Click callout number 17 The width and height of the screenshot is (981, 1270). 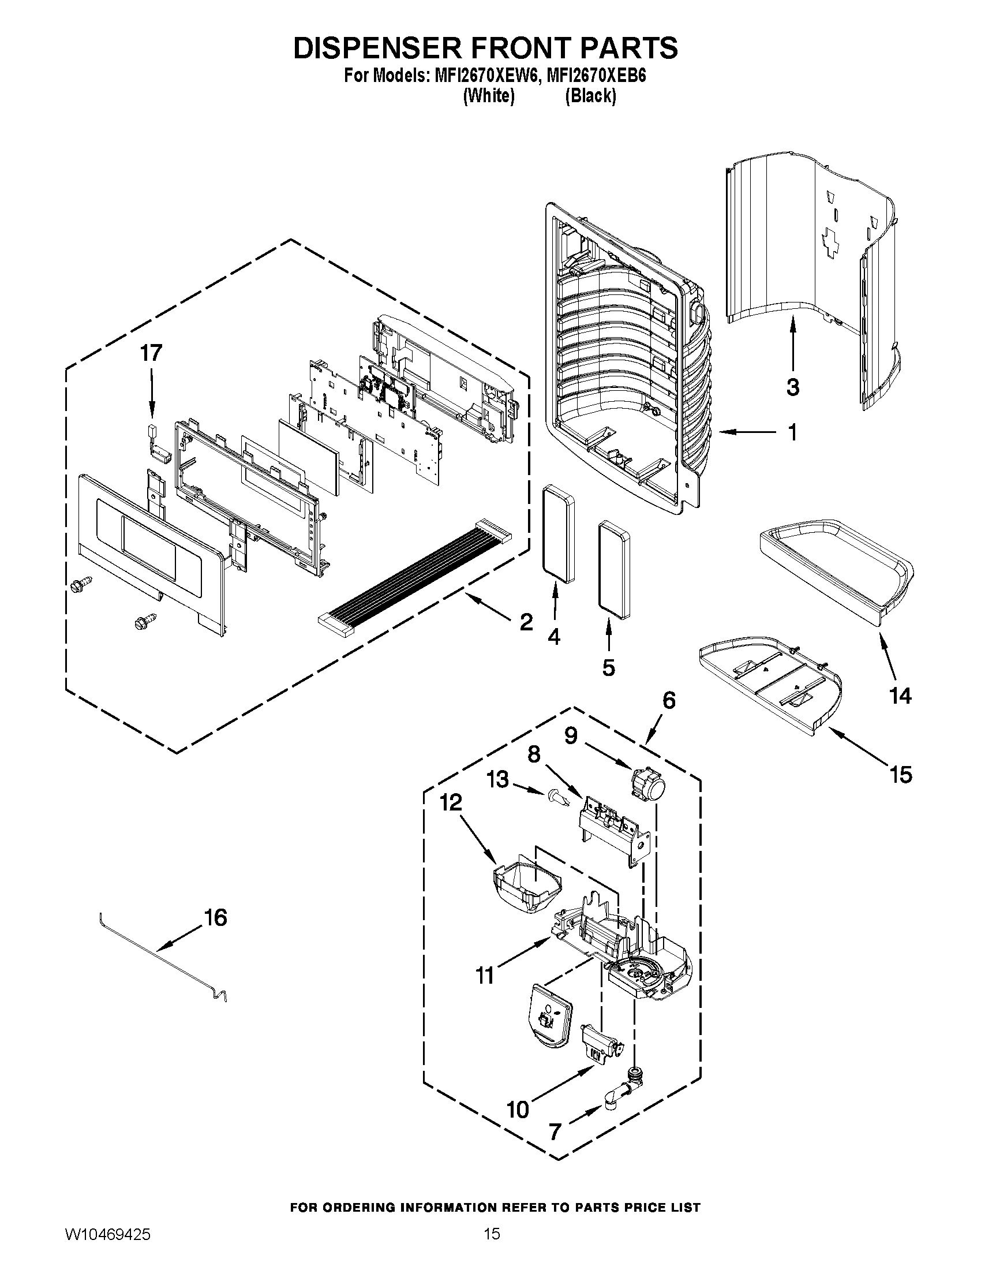coord(151,353)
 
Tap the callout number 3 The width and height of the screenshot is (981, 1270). coord(793,387)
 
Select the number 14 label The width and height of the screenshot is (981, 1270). coord(900,696)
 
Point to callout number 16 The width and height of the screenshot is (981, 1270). coord(215,918)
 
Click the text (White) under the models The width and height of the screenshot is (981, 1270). coord(488,96)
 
